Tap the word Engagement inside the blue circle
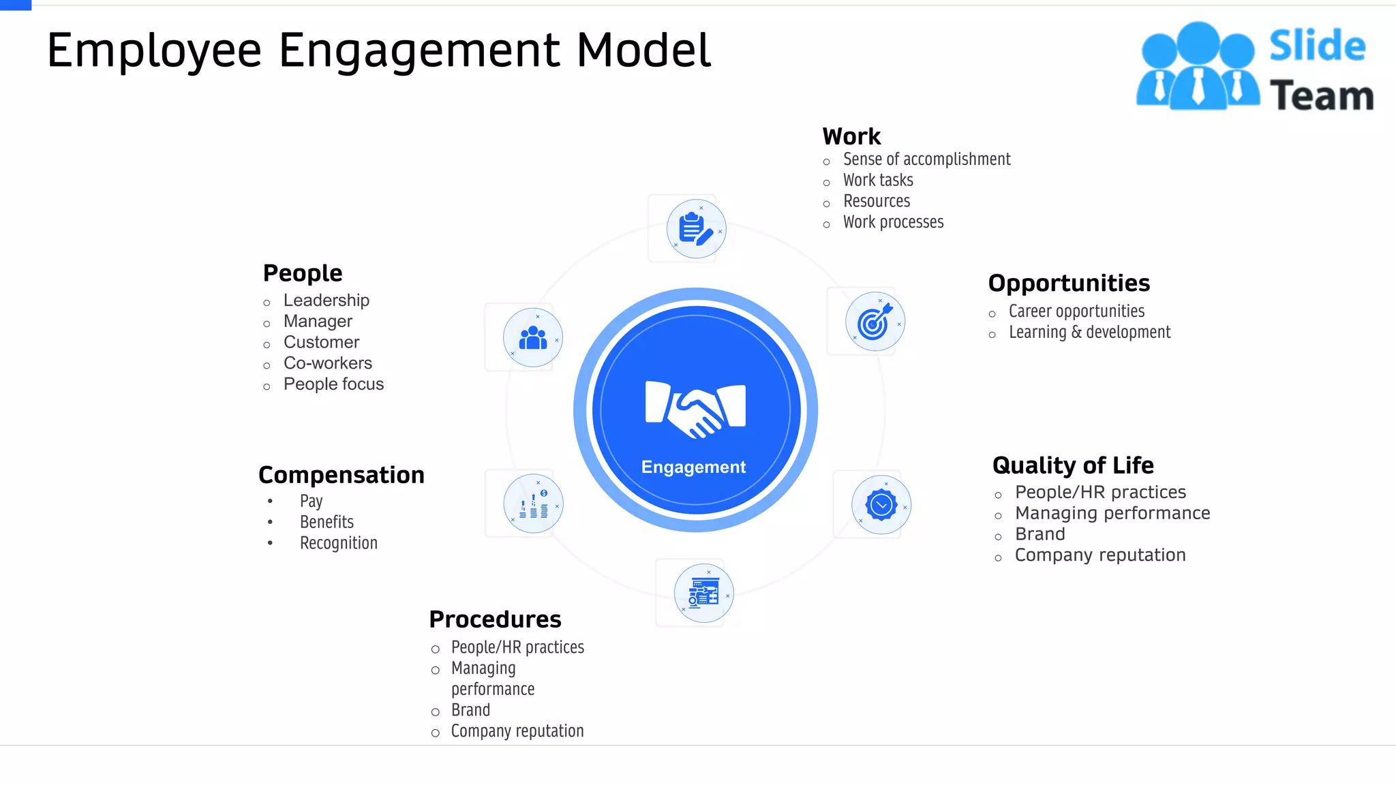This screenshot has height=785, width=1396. [x=693, y=467]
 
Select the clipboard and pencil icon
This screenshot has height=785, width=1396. [x=696, y=229]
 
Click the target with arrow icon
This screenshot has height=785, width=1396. [x=875, y=322]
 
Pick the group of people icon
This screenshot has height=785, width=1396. [x=533, y=337]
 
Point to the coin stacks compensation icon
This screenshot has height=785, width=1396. [x=533, y=504]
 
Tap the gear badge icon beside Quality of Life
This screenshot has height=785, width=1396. [x=881, y=505]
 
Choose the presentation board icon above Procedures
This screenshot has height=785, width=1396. [x=703, y=593]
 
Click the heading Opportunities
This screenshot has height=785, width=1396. [x=1068, y=283]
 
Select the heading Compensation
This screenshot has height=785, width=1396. [x=341, y=475]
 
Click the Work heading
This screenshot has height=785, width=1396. [x=851, y=136]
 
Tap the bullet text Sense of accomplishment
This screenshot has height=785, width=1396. [x=926, y=159]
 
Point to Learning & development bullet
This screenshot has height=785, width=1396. [x=1089, y=333]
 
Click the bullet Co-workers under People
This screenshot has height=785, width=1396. [x=327, y=363]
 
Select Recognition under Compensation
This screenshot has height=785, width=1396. [x=338, y=543]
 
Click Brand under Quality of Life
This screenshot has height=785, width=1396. [x=1040, y=534]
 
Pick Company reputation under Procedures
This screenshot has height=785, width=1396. [x=517, y=731]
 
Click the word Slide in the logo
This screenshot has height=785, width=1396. [x=1317, y=46]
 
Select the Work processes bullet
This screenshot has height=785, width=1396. [x=893, y=222]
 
